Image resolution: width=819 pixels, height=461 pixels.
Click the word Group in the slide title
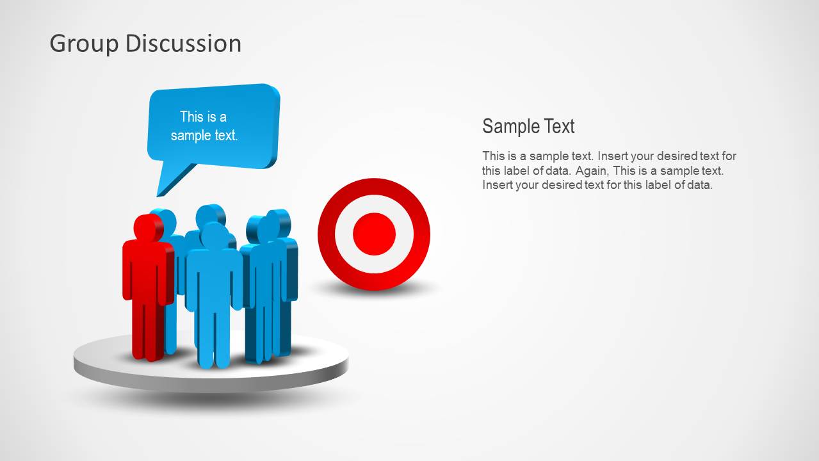[84, 44]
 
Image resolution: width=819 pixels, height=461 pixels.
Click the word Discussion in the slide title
[183, 44]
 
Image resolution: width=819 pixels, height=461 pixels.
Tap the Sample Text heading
[528, 126]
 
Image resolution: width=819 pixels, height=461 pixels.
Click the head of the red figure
[148, 227]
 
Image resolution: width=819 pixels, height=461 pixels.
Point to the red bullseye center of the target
[374, 234]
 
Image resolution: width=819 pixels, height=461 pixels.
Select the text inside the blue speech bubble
[204, 126]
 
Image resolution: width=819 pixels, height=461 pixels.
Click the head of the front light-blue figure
[214, 235]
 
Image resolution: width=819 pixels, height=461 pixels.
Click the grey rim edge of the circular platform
[211, 382]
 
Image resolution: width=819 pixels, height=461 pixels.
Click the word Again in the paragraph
[589, 171]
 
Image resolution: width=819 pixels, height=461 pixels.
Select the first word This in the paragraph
[494, 156]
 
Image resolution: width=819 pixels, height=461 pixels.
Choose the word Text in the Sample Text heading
[560, 126]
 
